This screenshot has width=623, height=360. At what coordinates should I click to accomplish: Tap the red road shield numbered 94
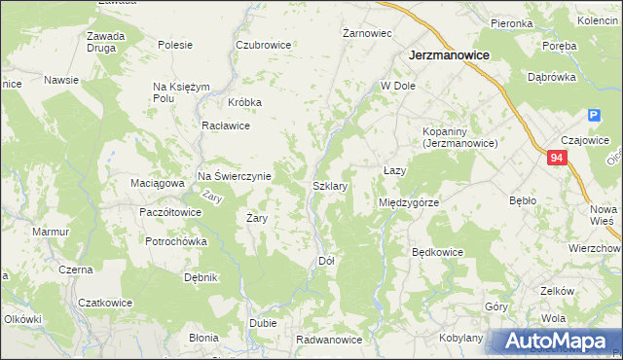(x=556, y=158)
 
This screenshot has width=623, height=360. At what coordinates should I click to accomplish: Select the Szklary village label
(x=331, y=185)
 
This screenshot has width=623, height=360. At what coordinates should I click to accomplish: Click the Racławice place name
(x=226, y=126)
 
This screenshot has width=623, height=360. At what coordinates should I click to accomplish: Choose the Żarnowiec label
(x=367, y=33)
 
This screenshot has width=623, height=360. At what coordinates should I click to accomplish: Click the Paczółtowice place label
(x=170, y=212)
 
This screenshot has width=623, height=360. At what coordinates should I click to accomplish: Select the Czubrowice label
(x=263, y=45)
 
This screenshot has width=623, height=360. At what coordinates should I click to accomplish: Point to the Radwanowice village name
(x=330, y=340)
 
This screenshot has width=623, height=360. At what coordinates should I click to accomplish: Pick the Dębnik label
(x=201, y=277)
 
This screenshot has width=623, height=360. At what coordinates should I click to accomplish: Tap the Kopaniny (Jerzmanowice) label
(x=460, y=137)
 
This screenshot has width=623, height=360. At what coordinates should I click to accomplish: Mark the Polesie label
(x=175, y=45)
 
